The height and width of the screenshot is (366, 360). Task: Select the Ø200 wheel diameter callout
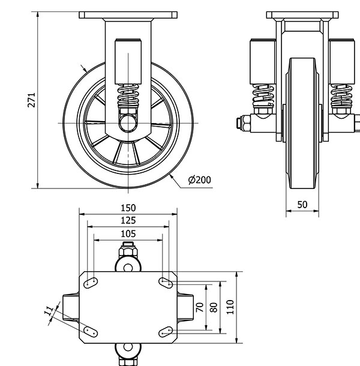tap(199, 179)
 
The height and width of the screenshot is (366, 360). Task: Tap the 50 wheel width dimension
tap(302, 205)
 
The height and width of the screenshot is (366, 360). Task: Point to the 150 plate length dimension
tap(128, 208)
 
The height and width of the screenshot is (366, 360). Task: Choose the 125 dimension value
tap(128, 221)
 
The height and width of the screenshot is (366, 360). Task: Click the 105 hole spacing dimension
tap(128, 233)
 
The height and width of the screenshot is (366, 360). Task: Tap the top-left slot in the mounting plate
tap(91, 281)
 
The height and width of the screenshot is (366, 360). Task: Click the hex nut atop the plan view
tap(128, 248)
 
